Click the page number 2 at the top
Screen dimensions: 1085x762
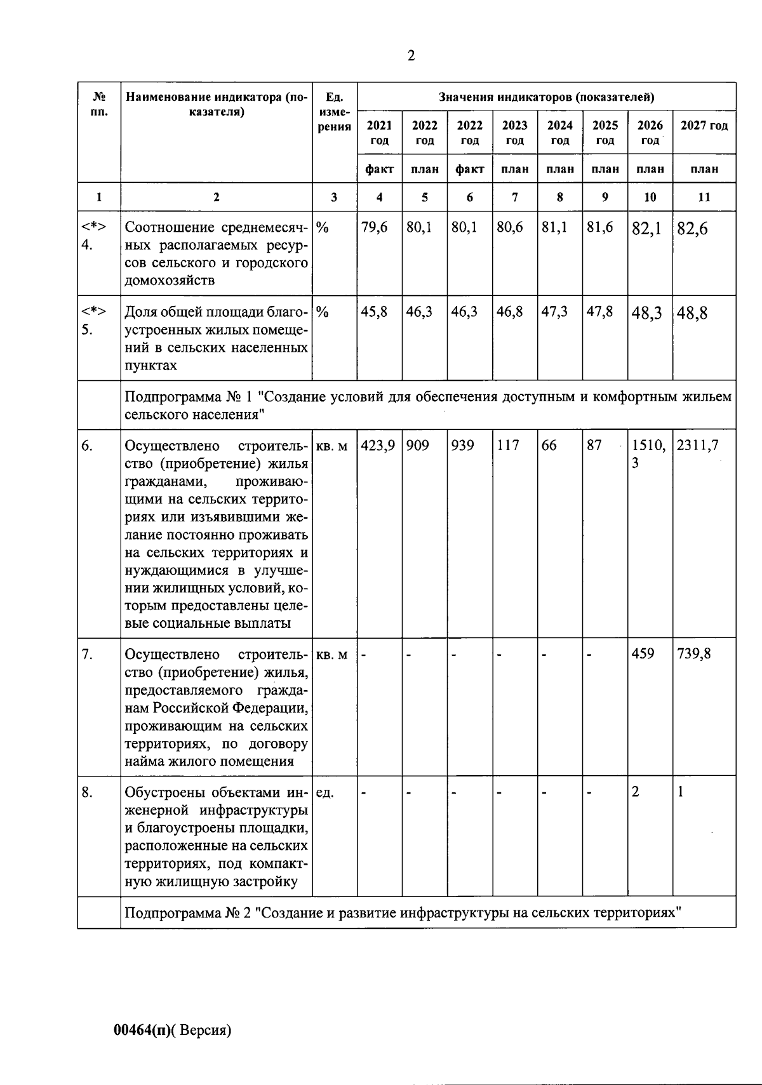click(x=411, y=56)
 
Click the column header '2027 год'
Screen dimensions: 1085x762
click(x=704, y=126)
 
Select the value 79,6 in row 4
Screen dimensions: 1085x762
click(x=374, y=227)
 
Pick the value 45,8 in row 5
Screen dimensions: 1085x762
click(x=374, y=312)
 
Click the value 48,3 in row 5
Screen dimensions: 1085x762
click(x=647, y=314)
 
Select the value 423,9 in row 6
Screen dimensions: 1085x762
click(x=378, y=446)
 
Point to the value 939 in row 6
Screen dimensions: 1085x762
click(x=462, y=446)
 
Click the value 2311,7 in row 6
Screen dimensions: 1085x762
click(x=697, y=446)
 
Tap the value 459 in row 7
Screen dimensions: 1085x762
click(x=643, y=653)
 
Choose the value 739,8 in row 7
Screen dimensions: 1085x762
click(x=693, y=653)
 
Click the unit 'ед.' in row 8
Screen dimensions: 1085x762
click(x=324, y=792)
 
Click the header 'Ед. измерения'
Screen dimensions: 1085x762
click(x=334, y=112)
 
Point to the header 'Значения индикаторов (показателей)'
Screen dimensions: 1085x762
click(x=546, y=97)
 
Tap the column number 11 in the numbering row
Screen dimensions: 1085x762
click(x=704, y=197)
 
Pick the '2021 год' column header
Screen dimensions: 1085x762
click(x=379, y=133)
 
